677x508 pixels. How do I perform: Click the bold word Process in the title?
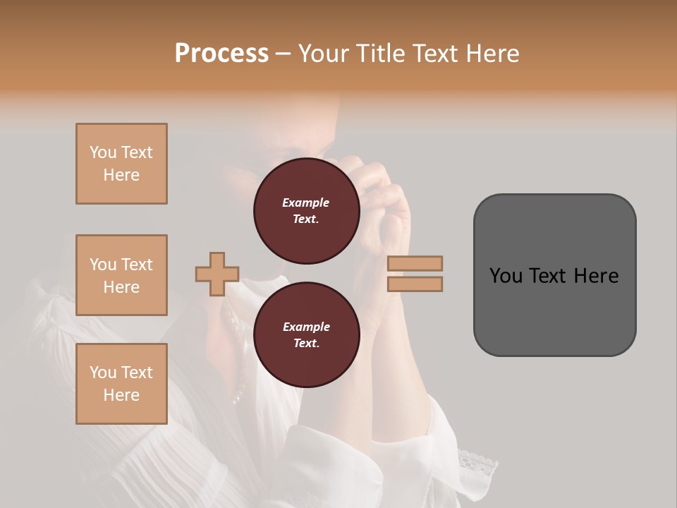pyautogui.click(x=221, y=53)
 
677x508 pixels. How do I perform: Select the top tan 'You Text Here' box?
pyautogui.click(x=121, y=164)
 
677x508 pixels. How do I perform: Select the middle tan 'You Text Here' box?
pyautogui.click(x=121, y=275)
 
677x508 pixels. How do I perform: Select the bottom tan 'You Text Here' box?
pyautogui.click(x=121, y=384)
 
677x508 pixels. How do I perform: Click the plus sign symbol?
pyautogui.click(x=217, y=274)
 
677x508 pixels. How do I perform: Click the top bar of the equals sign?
pyautogui.click(x=415, y=263)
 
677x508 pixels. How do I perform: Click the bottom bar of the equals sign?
pyautogui.click(x=415, y=284)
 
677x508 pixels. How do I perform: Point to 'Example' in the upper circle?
pyautogui.click(x=306, y=202)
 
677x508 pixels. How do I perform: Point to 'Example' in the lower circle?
pyautogui.click(x=306, y=327)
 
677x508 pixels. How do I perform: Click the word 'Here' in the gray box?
pyautogui.click(x=597, y=276)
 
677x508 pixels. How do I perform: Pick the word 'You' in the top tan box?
pyautogui.click(x=103, y=152)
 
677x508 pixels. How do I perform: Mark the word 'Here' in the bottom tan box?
pyautogui.click(x=121, y=395)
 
